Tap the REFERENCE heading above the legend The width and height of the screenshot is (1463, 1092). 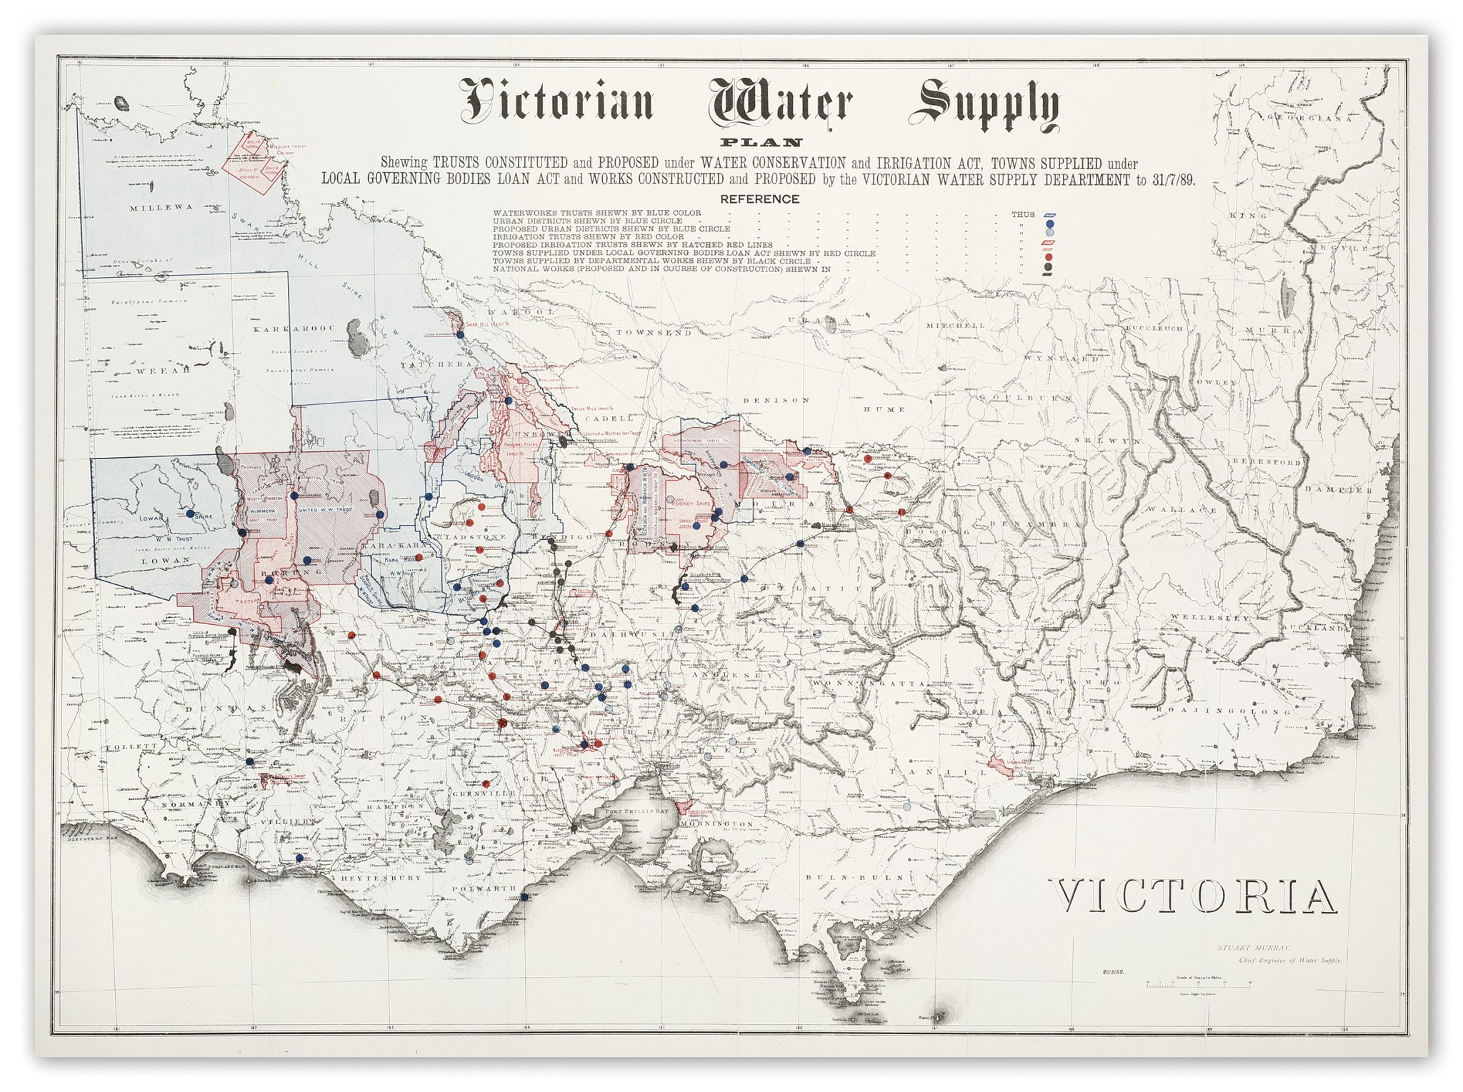pyautogui.click(x=759, y=199)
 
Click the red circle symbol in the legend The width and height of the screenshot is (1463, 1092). pyautogui.click(x=1049, y=256)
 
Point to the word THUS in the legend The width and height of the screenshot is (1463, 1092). pyautogui.click(x=1022, y=214)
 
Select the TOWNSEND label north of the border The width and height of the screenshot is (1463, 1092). pyautogui.click(x=654, y=333)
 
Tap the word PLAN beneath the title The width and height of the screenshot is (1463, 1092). pyautogui.click(x=761, y=143)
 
